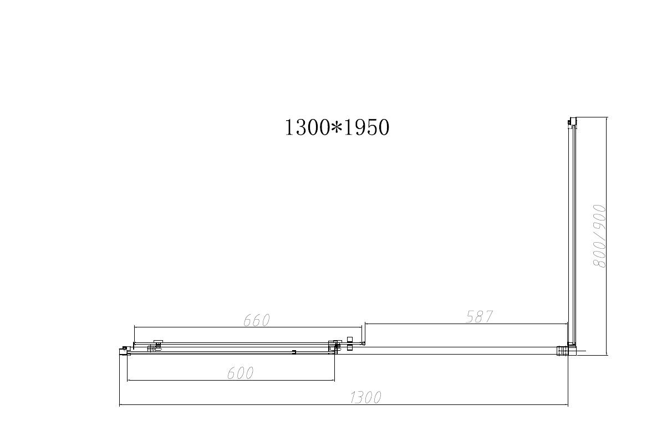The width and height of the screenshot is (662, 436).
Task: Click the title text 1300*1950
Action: [x=337, y=127]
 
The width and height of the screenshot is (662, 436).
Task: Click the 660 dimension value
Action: [x=257, y=320]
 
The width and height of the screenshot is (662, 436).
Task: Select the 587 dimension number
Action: [x=480, y=317]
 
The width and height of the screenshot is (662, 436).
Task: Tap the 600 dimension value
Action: [x=240, y=373]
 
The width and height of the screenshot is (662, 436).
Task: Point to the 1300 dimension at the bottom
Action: [x=365, y=397]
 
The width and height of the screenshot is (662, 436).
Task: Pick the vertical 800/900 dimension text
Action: [x=600, y=236]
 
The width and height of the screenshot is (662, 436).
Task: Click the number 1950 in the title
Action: [x=366, y=127]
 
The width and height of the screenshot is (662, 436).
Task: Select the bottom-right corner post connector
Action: [x=563, y=350]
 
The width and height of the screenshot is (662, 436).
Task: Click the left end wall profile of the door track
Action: [x=123, y=350]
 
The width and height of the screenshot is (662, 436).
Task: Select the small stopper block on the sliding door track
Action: [x=294, y=352]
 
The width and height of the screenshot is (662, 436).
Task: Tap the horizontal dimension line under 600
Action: [x=231, y=381]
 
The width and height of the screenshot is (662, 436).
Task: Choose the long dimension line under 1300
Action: [x=344, y=405]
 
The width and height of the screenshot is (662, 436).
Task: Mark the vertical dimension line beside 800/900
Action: [x=607, y=236]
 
